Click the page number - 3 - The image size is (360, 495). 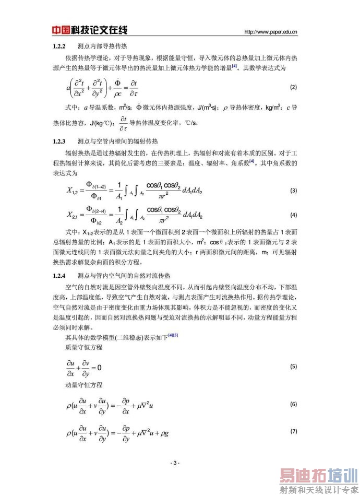(175, 463)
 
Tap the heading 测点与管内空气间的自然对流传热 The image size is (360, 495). (124, 275)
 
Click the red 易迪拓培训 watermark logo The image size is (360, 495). (319, 476)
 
